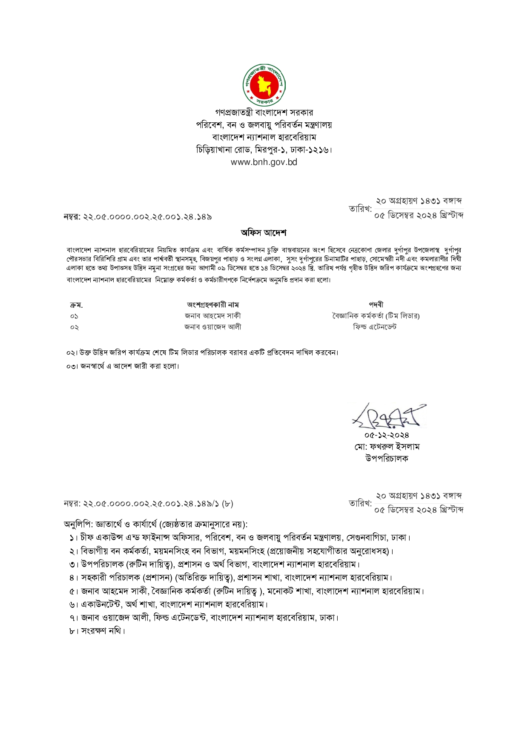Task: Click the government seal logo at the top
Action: click(264, 85)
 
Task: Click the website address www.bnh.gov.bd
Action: click(264, 162)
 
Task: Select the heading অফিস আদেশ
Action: click(264, 233)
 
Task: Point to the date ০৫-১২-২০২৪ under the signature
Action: click(387, 435)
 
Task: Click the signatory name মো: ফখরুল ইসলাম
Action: click(387, 447)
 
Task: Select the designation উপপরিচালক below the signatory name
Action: click(387, 459)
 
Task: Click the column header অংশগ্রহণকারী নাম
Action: click(213, 305)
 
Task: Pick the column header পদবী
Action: click(376, 305)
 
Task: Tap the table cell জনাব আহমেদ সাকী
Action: click(213, 316)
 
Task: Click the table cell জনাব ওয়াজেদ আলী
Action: click(213, 327)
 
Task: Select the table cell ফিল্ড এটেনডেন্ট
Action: click(375, 327)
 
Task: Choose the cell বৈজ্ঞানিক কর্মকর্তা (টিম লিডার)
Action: click(376, 316)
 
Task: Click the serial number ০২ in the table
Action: click(75, 327)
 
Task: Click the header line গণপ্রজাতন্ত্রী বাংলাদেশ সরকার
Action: click(264, 113)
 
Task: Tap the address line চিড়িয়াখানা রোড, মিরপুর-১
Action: click(264, 150)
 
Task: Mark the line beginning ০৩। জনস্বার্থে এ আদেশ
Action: click(123, 366)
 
